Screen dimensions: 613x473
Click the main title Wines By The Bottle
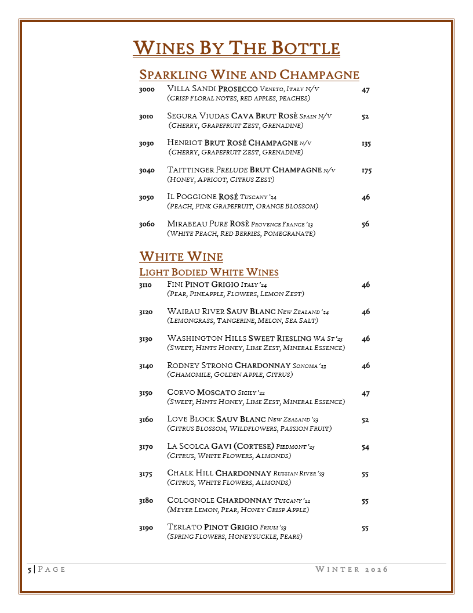236,48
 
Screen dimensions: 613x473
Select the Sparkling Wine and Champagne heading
249,75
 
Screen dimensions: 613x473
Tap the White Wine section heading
181,257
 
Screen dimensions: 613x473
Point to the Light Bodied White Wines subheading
209,272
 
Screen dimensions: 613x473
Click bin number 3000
146,90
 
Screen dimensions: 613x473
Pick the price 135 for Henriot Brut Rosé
366,144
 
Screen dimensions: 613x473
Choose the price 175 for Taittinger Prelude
366,171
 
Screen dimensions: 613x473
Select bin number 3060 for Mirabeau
146,224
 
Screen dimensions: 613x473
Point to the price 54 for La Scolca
365,448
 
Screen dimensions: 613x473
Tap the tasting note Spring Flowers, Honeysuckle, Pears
234,536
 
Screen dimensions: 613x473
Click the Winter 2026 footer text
351,569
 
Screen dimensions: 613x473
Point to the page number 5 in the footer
30,569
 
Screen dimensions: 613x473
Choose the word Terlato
184,527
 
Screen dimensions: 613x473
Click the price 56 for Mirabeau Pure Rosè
365,225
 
